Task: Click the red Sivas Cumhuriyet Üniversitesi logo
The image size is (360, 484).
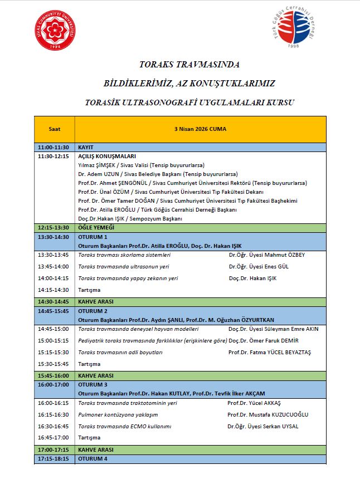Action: (x=56, y=30)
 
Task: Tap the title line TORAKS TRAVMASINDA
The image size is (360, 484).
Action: (x=189, y=65)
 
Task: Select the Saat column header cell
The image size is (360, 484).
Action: (x=54, y=129)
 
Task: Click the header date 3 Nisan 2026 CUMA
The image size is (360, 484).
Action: (x=200, y=129)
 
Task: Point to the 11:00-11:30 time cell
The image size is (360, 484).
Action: (x=53, y=148)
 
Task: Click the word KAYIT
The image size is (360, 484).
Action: (x=86, y=148)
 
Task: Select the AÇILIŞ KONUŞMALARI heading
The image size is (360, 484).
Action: (x=107, y=157)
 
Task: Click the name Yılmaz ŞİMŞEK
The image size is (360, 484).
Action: (x=98, y=165)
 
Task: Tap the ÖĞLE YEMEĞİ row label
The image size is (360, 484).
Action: (x=96, y=228)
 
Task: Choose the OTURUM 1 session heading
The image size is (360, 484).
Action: (x=93, y=237)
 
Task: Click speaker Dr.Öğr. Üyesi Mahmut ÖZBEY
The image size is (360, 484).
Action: (x=267, y=255)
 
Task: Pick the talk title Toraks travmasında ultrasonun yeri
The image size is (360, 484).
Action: (x=127, y=266)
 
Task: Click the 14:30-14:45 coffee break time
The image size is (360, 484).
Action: (x=53, y=301)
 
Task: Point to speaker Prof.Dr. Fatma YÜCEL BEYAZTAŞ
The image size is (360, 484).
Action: (x=270, y=353)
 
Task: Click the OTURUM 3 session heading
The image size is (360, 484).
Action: (x=93, y=384)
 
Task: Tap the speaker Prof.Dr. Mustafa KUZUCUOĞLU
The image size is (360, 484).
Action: (x=267, y=414)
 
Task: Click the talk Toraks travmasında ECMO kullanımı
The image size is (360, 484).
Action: (x=124, y=427)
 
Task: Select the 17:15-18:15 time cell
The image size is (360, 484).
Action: (x=53, y=459)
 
